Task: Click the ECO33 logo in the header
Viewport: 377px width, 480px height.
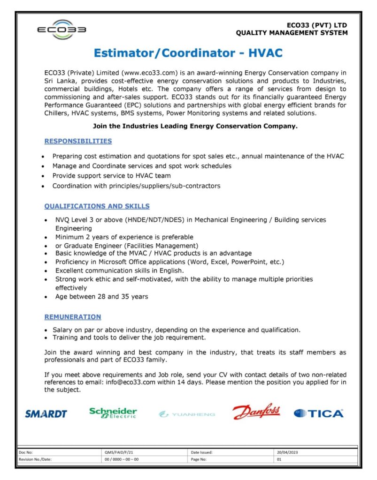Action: (62, 30)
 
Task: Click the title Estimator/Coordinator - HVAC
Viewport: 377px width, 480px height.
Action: (188, 53)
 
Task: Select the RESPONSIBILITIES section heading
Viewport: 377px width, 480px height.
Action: (78, 141)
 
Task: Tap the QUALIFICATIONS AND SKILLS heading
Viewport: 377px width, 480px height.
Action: (97, 206)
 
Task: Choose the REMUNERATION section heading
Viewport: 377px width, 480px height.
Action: (72, 317)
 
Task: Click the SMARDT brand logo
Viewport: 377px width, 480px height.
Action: (46, 413)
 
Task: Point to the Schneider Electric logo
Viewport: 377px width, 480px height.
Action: (113, 412)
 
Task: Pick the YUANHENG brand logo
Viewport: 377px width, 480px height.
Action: (187, 414)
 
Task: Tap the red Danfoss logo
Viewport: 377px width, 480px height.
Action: (256, 412)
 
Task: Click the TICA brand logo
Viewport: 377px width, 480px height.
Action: (318, 413)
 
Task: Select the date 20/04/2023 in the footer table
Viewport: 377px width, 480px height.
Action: (287, 452)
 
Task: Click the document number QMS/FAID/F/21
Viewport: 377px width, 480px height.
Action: (122, 452)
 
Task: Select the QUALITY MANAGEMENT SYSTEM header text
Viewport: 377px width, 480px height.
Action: (292, 33)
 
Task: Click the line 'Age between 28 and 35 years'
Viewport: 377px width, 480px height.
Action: (101, 296)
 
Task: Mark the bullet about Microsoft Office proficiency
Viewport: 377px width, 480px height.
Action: (169, 262)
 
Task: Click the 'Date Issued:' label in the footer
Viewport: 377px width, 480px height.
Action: (202, 452)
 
